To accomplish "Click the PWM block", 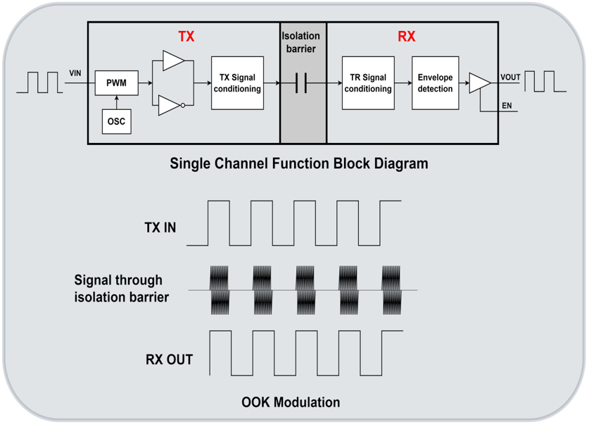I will (116, 83).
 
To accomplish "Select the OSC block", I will (116, 121).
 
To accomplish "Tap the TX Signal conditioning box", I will (237, 83).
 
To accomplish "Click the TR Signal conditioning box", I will (367, 83).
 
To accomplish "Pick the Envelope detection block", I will (435, 83).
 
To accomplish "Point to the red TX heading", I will (186, 37).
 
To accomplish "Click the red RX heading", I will (406, 37).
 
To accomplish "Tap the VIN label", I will (76, 73).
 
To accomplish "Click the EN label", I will (507, 106).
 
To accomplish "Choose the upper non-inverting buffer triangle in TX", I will (171, 61).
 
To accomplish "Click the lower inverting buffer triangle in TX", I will (170, 106).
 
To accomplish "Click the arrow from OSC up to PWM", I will (116, 102).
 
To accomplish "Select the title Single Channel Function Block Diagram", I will (298, 163).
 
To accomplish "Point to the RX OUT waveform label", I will (169, 360).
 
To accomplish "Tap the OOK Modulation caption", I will (291, 402).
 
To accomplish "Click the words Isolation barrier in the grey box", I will (303, 42).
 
